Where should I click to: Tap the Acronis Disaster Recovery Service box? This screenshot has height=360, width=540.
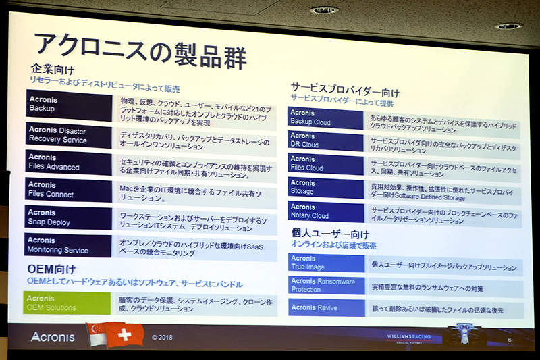[68, 134]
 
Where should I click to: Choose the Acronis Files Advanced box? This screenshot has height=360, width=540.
[68, 161]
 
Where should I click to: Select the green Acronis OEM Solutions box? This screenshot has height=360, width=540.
[66, 303]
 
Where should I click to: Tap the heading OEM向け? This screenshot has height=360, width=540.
[51, 271]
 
